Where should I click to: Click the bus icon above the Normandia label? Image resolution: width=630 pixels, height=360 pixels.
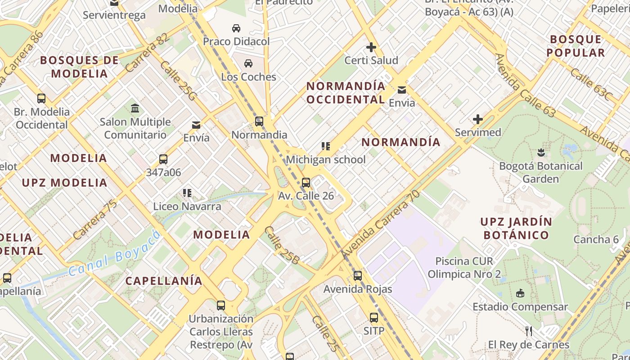pos(259,121)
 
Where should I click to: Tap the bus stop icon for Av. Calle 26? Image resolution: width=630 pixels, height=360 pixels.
pos(306,182)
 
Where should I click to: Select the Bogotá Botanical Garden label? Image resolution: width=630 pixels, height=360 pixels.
pos(540,172)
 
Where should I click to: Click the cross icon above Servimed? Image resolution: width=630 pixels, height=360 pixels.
pos(478,119)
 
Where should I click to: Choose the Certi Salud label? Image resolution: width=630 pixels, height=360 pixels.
pos(371,60)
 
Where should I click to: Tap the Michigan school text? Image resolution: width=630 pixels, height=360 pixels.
pos(326,160)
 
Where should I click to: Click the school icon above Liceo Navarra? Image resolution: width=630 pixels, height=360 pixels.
pos(187,193)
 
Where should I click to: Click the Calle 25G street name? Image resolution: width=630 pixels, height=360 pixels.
pos(178,81)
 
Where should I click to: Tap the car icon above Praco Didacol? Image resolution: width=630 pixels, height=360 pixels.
pos(236,28)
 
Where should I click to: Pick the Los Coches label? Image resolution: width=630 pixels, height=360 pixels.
pos(248,77)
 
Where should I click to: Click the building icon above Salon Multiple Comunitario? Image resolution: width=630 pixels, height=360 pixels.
pos(135,108)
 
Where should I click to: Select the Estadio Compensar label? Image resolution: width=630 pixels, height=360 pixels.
pos(520,307)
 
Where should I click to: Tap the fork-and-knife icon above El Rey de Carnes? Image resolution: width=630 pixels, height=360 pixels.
pos(529,331)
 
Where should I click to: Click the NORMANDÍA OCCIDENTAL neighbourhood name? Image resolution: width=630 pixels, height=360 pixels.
pos(346,93)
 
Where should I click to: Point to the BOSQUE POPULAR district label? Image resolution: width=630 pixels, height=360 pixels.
pos(576,46)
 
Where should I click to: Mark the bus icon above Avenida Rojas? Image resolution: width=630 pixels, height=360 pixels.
pos(358,275)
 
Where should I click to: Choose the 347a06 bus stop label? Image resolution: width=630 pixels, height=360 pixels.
pos(163,172)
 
